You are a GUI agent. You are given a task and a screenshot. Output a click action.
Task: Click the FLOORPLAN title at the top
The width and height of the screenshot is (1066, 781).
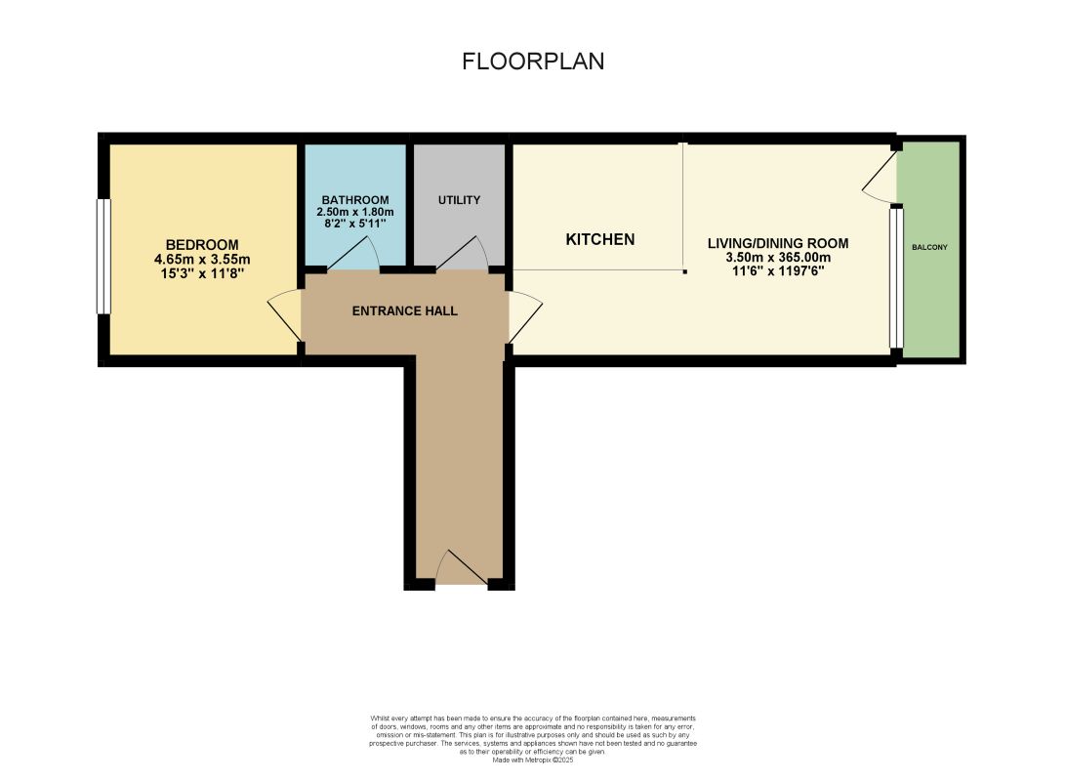533,62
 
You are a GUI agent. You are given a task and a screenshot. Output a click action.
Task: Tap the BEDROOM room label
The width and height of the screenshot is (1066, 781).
202,245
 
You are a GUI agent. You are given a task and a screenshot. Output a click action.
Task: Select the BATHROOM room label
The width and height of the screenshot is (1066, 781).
355,200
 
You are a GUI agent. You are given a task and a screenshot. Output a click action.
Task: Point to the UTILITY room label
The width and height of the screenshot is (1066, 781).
459,200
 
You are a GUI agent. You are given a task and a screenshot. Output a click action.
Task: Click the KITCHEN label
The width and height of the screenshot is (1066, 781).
600,239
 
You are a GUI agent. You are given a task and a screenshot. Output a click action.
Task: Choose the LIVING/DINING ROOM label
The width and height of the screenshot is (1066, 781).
778,243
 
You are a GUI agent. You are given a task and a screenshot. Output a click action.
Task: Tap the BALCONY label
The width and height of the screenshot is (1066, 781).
929,247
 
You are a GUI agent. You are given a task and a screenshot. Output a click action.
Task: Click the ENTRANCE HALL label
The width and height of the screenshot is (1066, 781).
404,311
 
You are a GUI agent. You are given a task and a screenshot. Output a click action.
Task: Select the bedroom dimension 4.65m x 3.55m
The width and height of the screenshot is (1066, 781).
202,259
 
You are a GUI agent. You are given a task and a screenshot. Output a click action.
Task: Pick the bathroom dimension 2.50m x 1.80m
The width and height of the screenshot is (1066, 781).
355,212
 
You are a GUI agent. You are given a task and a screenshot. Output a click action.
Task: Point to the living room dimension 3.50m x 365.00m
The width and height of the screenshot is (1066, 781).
778,258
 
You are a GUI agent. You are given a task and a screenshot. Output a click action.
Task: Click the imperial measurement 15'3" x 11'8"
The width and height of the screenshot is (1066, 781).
202,273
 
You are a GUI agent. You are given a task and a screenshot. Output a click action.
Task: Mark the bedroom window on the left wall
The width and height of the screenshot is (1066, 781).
103,256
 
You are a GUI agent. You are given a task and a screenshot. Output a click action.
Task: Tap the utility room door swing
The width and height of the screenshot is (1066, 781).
461,254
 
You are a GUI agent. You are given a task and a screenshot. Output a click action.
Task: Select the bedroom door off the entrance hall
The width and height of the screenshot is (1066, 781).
285,314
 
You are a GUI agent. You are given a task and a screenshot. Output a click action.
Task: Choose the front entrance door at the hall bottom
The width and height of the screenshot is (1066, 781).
462,567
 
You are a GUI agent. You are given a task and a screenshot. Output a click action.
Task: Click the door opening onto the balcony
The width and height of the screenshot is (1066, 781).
881,176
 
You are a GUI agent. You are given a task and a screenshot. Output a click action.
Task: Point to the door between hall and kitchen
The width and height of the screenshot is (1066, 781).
525,316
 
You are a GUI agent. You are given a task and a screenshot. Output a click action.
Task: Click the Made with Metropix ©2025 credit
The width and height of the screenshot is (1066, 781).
533,760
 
